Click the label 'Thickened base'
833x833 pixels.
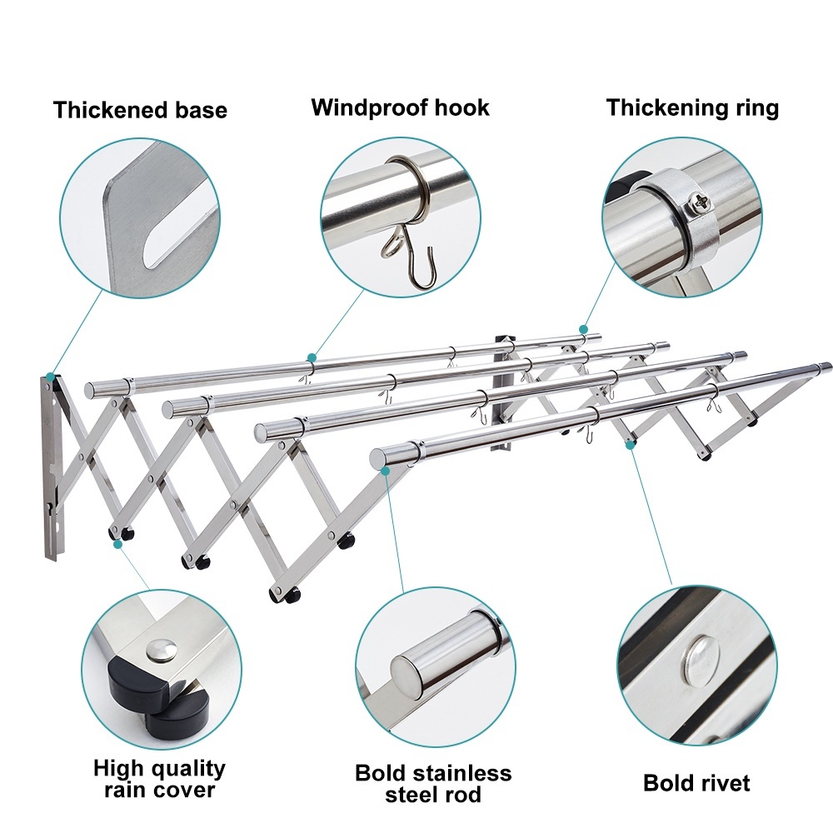(140, 110)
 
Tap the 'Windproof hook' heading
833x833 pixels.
(400, 107)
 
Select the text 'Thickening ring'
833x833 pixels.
(693, 107)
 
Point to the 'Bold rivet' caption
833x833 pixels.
(696, 783)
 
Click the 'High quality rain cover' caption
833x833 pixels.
(159, 779)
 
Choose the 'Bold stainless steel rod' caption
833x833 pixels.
(433, 784)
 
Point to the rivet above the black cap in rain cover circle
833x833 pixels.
(161, 650)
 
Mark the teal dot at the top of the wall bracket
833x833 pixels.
(50, 377)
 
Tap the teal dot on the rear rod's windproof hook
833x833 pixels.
(312, 357)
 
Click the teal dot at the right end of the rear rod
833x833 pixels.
(583, 329)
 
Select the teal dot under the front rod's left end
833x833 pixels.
(386, 470)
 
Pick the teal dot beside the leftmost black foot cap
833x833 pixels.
(117, 544)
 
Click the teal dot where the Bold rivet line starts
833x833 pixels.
(630, 445)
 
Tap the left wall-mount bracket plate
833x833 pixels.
(52, 467)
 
